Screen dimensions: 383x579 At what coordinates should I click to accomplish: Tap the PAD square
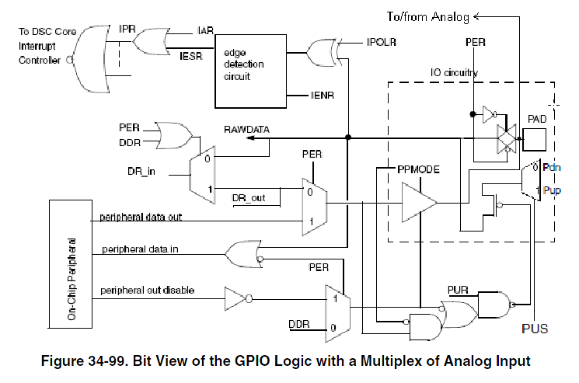coord(533,141)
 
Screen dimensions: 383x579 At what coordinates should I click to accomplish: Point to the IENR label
coord(322,96)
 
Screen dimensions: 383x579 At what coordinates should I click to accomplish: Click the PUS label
coord(534,329)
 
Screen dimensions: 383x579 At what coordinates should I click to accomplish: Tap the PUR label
coord(458,289)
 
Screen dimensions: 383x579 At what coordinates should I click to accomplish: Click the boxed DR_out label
coord(249,198)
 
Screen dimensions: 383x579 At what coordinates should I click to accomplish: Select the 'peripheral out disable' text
coord(147,291)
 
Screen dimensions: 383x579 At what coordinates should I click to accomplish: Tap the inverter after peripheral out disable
coord(235,297)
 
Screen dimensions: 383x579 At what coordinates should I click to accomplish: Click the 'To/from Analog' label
coord(427,16)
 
